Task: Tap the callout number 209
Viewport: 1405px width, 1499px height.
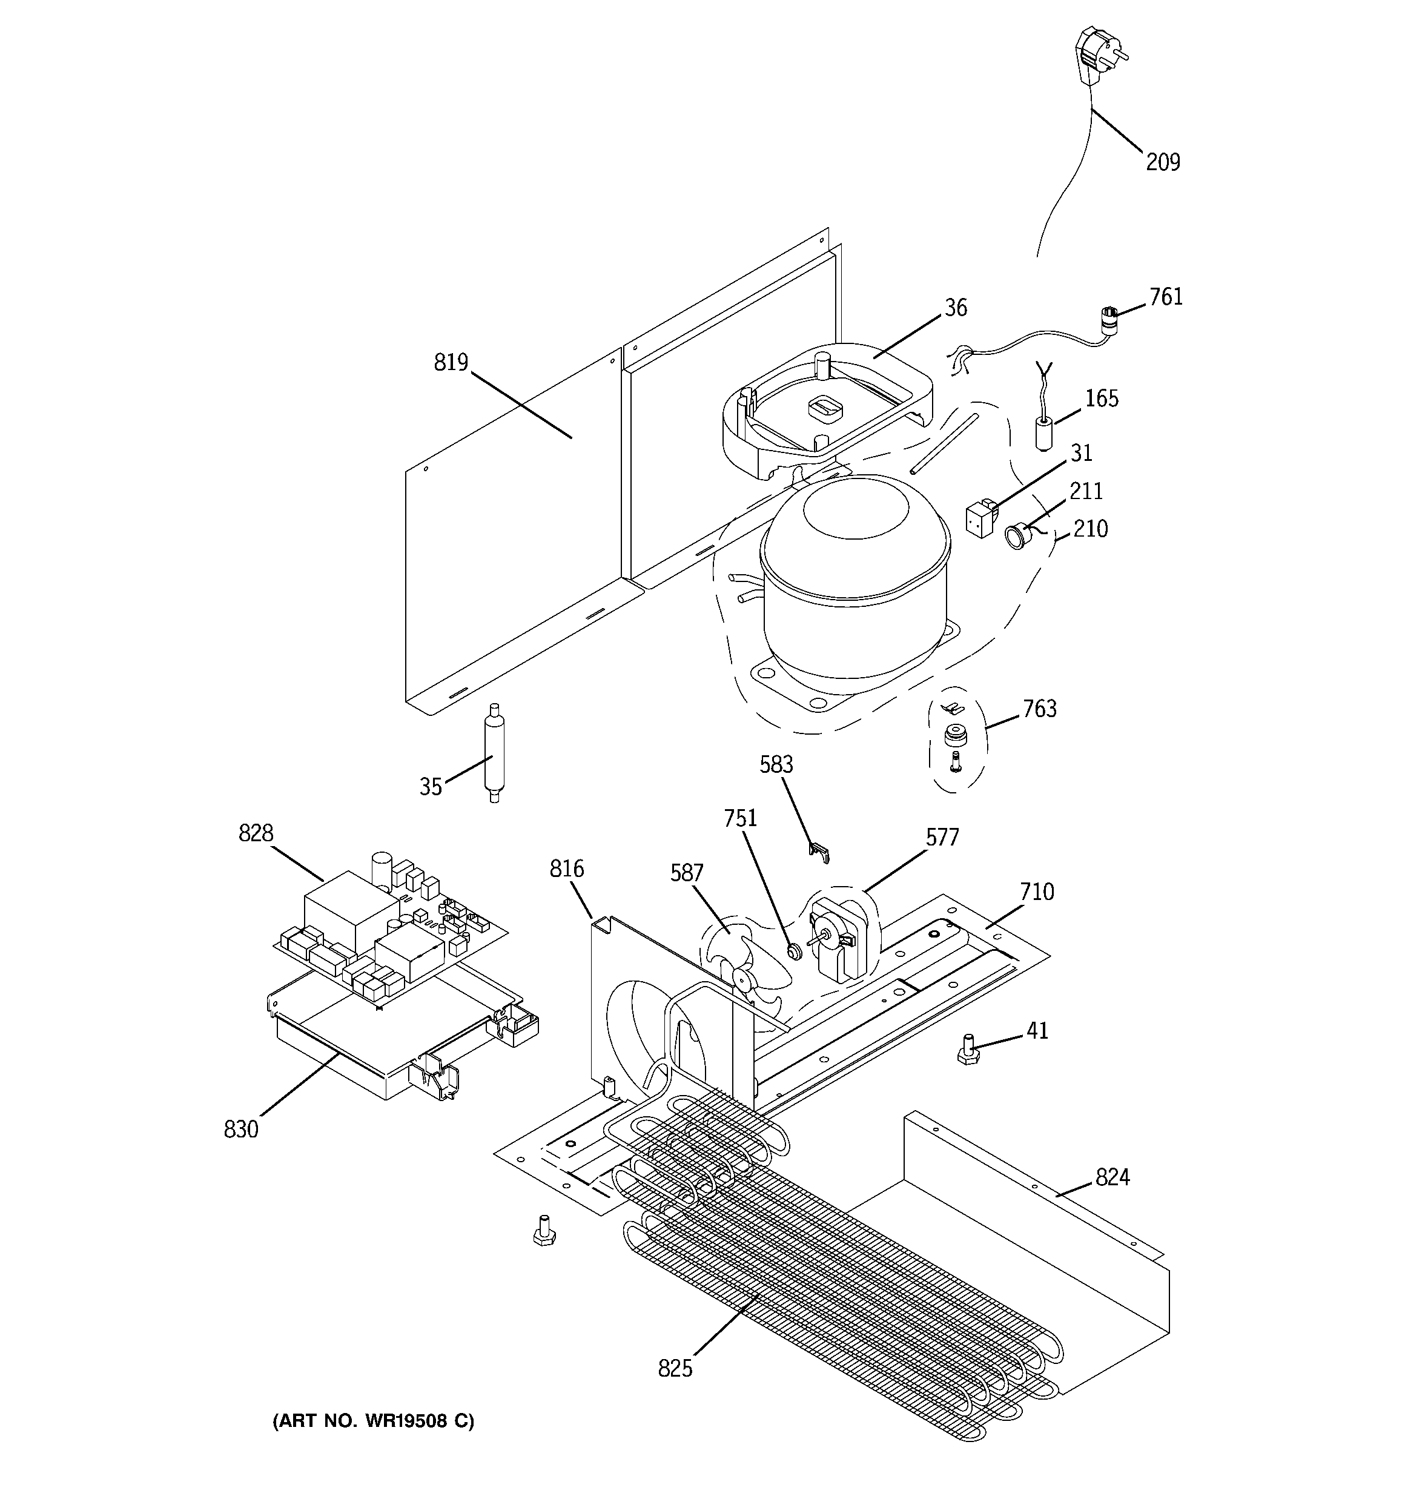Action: coord(1162,162)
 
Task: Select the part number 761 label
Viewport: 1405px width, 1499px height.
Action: coord(1165,297)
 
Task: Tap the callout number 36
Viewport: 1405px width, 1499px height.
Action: coord(956,308)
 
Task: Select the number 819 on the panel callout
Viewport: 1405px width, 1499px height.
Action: coord(451,363)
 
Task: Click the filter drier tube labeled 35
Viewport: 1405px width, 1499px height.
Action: coord(494,752)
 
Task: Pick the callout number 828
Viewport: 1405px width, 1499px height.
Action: coord(256,833)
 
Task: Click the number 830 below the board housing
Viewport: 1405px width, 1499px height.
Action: coord(240,1130)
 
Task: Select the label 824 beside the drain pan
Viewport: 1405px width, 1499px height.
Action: coord(1112,1177)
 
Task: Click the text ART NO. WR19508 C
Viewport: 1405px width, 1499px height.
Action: coord(373,1421)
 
